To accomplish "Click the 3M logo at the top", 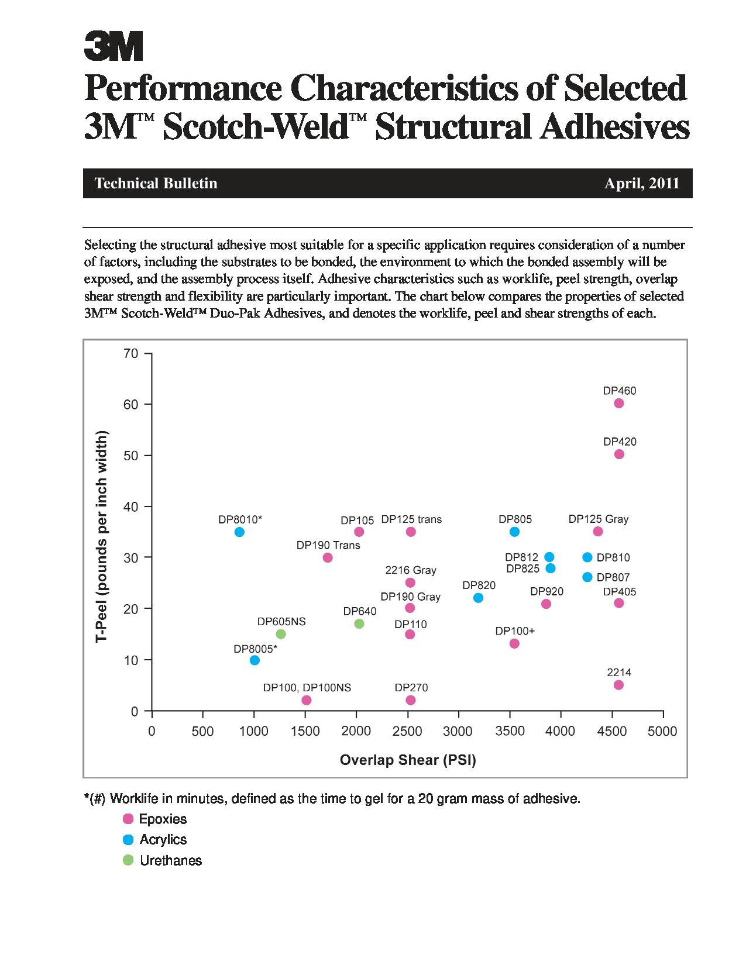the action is tap(114, 46).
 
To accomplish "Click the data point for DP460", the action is tap(618, 403).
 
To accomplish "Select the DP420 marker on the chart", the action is tap(619, 454).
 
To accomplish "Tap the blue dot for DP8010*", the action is tap(239, 532).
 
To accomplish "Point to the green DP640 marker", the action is tap(359, 624).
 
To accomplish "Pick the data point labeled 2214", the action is tap(618, 685).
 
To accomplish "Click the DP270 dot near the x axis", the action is tap(411, 700).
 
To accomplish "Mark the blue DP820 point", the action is tap(478, 598).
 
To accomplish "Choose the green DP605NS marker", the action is tap(281, 634).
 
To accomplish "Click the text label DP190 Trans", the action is tap(328, 545).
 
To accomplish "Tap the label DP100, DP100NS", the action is tap(307, 688).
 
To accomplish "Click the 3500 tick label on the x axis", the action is tap(510, 732).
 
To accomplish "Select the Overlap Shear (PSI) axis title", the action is tap(408, 760).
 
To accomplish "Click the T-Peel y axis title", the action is tap(102, 536).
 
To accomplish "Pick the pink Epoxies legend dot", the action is tap(128, 819).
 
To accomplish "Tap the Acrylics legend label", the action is tap(163, 839).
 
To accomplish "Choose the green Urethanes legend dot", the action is tap(128, 860).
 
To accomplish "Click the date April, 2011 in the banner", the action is tap(642, 184).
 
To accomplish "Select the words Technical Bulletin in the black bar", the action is tap(156, 184).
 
